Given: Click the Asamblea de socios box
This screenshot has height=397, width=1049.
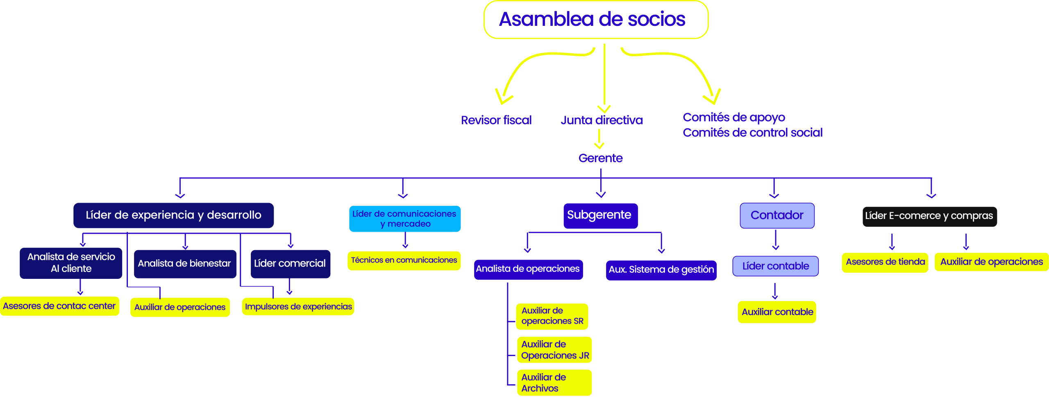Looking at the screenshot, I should click(596, 20).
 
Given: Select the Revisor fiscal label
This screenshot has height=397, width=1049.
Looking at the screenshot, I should click(496, 120).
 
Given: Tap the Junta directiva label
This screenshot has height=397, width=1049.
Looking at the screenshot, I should click(602, 120).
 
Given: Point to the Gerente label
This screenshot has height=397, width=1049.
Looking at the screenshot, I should click(600, 158).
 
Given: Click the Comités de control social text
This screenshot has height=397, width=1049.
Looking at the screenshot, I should click(752, 132).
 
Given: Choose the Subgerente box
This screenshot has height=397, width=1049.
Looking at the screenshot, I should click(600, 215).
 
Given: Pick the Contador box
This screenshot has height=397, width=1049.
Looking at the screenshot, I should click(777, 215).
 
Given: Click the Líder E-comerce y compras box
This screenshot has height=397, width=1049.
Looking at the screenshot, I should click(929, 216).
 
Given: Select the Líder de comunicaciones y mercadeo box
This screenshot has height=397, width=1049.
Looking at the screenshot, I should click(404, 219).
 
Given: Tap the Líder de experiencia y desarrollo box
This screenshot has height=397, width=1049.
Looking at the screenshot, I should click(173, 215).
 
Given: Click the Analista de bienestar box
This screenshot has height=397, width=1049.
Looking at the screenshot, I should click(185, 264).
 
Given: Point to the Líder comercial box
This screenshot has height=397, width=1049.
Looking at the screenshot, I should click(290, 264).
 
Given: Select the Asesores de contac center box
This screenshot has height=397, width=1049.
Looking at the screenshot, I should click(59, 306).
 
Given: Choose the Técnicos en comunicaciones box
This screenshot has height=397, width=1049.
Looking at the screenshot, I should click(404, 260).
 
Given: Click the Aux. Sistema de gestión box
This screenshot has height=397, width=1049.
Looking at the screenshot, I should click(661, 270).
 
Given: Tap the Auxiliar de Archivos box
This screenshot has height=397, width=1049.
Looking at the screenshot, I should click(554, 383).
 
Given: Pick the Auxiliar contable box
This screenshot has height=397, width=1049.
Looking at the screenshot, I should click(777, 312).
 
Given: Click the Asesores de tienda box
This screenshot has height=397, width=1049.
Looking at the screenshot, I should click(885, 262).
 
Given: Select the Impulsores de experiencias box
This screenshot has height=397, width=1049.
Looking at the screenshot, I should click(298, 307).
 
